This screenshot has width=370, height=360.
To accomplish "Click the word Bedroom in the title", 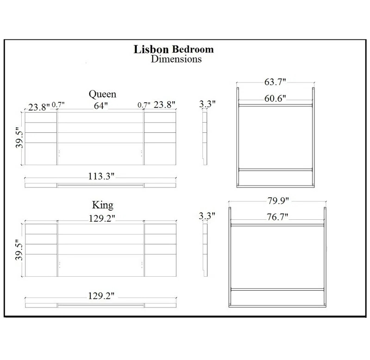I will (x=193, y=50).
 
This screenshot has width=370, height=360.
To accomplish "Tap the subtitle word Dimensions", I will (x=176, y=59).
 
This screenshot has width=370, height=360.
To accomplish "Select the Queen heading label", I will (x=102, y=94).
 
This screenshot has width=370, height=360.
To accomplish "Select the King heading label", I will (x=102, y=204).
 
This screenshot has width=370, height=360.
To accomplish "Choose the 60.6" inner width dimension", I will (x=276, y=98).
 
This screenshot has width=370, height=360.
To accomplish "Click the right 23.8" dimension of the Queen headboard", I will (x=164, y=106).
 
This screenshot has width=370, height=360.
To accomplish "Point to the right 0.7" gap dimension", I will (x=144, y=106).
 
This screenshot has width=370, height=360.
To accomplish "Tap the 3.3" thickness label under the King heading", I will (x=207, y=216).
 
